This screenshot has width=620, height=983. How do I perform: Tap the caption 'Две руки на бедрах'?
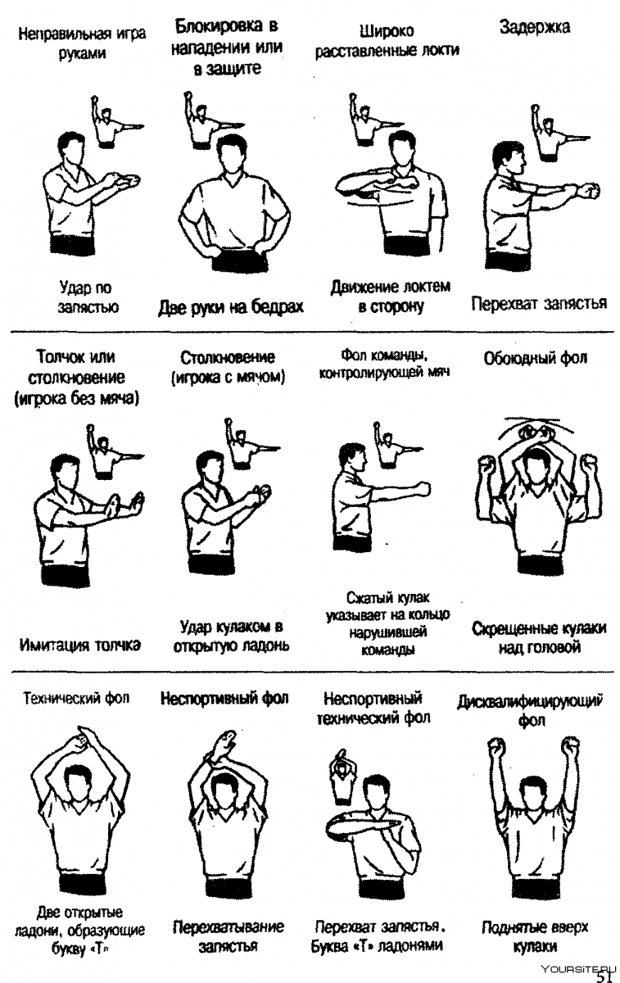(x=231, y=307)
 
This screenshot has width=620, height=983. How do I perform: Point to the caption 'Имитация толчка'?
(x=79, y=645)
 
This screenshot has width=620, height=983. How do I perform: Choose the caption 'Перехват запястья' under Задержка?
(x=539, y=303)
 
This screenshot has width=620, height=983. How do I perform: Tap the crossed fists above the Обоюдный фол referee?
(x=536, y=433)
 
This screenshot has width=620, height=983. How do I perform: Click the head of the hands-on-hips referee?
(x=231, y=156)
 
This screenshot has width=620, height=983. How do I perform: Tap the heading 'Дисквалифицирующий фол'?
(x=536, y=710)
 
